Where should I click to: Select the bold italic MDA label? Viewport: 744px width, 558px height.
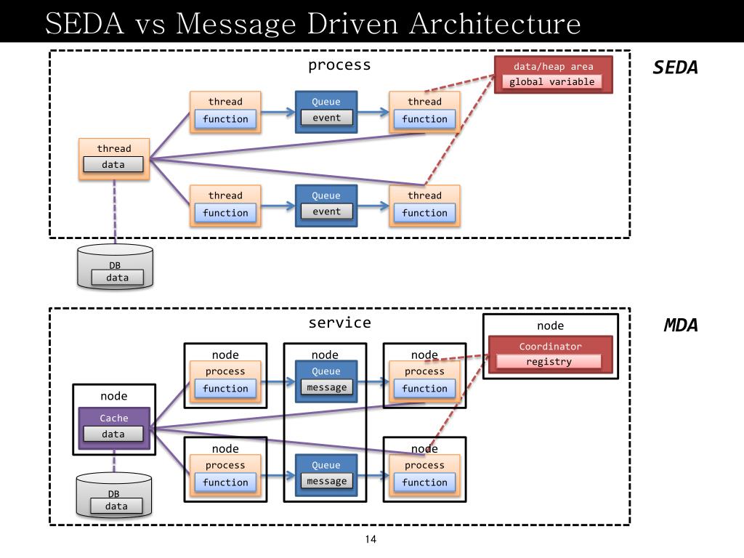point(680,325)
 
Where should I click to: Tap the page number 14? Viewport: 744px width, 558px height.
point(371,539)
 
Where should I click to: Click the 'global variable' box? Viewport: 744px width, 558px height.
point(552,81)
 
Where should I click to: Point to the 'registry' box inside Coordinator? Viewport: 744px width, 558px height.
point(549,362)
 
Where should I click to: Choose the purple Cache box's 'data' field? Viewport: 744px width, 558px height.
point(113,434)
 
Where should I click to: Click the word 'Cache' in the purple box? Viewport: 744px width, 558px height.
point(114,418)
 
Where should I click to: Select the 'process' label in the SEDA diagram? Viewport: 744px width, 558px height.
point(339,65)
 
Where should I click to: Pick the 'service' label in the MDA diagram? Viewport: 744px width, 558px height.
point(340,323)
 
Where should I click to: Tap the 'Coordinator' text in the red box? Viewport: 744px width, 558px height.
point(551,347)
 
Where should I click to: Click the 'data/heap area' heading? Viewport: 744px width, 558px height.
point(553,66)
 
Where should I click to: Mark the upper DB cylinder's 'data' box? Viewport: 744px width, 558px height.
point(117,278)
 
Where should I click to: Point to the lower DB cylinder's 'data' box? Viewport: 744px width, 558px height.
point(116,506)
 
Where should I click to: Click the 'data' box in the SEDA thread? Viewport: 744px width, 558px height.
point(113,164)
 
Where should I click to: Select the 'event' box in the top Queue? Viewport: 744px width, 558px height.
point(326,117)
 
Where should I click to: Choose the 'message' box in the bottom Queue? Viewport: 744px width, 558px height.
point(326,481)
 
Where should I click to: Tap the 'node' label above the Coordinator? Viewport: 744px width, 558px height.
point(551,325)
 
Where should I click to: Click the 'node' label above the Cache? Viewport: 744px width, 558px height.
point(114,396)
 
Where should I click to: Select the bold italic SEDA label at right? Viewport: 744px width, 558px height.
point(675,68)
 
